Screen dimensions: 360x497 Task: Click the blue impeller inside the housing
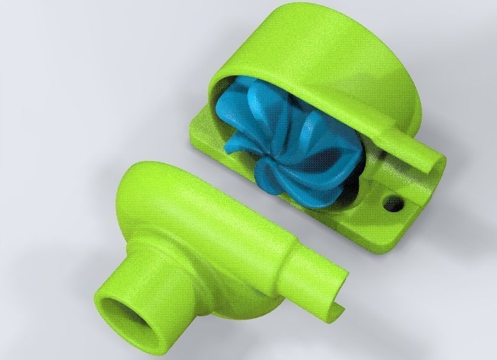(x=286, y=140)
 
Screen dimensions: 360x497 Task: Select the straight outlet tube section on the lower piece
(x=304, y=255)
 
